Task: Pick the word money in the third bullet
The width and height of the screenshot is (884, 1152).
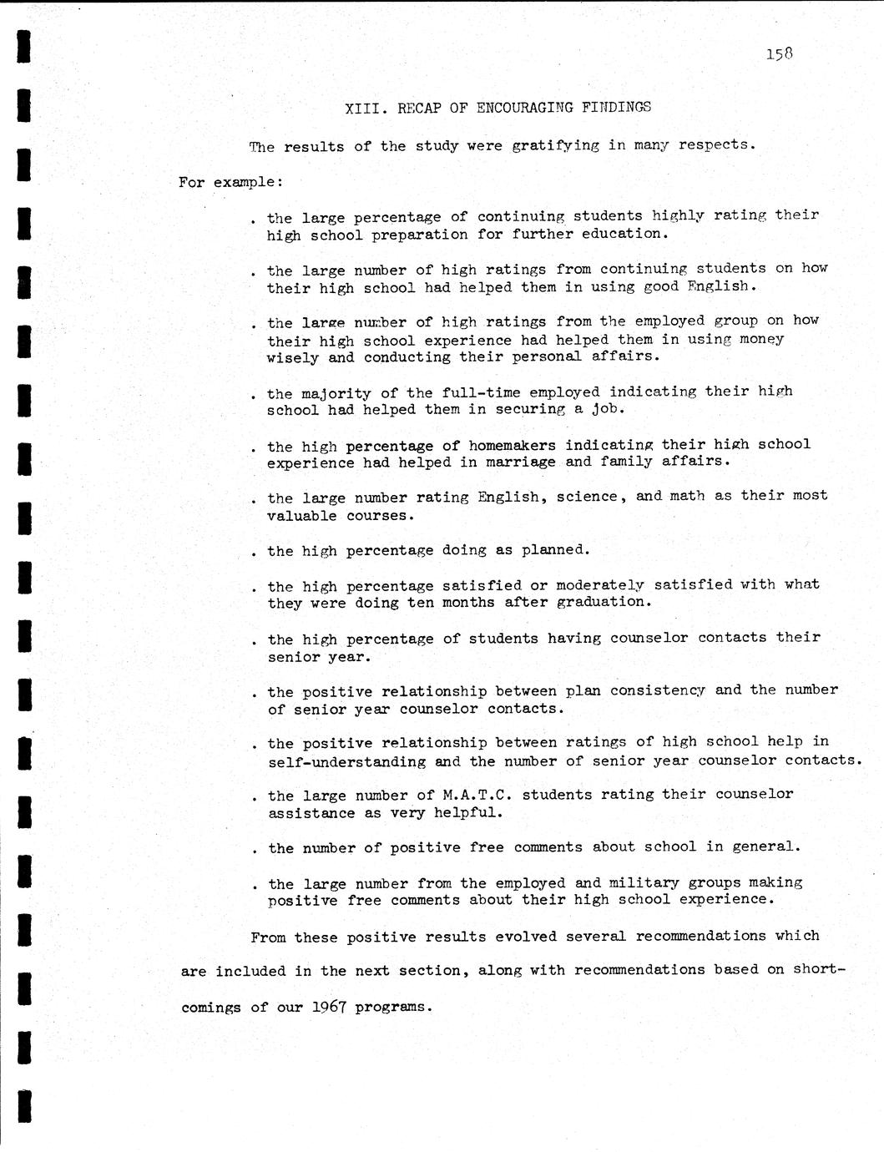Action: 761,339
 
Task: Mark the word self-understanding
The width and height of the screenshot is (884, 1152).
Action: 346,761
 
